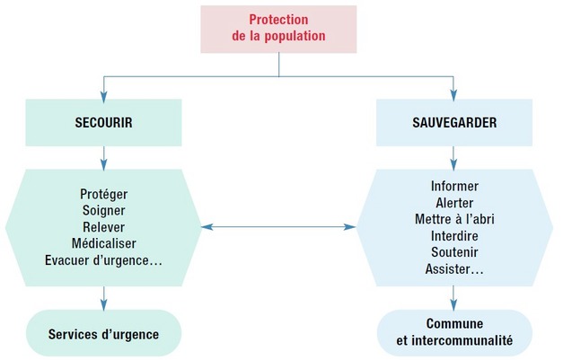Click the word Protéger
pos(104,194)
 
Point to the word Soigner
pos(104,210)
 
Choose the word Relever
pos(104,226)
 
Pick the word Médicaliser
pos(104,243)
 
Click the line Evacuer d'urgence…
pos(104,260)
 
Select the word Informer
pos(454,187)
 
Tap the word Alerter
pos(454,203)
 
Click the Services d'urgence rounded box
pos(104,334)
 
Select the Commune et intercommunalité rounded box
pos(454,332)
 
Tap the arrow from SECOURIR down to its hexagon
pos(104,157)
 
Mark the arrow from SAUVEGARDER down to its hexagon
pos(453,157)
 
